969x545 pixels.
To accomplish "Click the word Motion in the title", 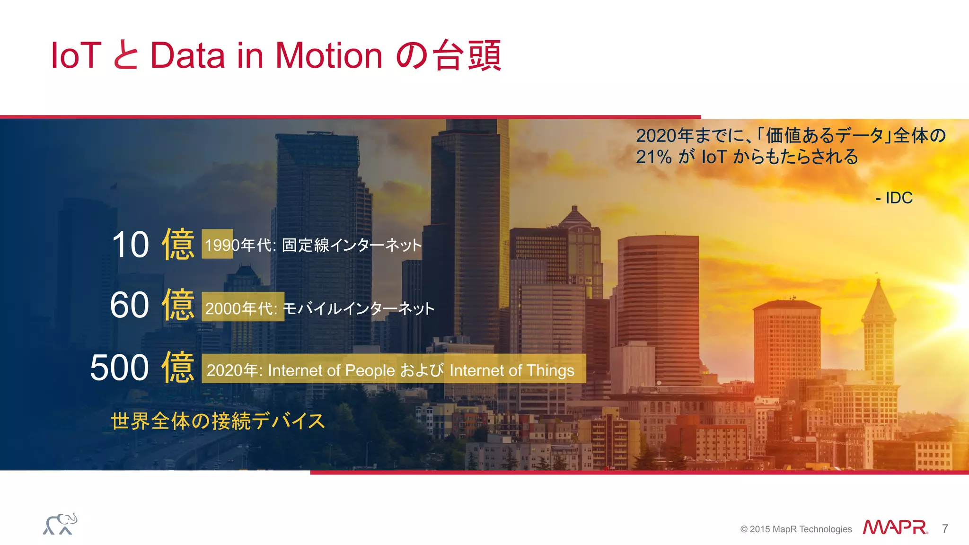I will tap(328, 55).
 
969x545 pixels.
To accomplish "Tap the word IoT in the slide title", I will tap(76, 55).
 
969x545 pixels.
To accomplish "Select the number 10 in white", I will tap(131, 245).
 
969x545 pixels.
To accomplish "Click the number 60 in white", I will tap(130, 305).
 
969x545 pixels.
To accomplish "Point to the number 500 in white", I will tap(119, 368).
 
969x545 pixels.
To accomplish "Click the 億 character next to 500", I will tap(178, 368).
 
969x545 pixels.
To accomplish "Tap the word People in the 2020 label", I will tap(370, 370).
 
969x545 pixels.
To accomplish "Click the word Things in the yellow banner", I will tap(550, 370).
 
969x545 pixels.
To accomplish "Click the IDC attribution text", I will tap(894, 198).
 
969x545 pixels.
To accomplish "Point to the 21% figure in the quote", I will tap(654, 157).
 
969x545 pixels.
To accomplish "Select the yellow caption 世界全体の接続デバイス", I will tap(218, 421).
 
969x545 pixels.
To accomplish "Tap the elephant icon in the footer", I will tap(60, 524).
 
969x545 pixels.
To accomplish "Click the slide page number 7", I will tap(945, 528).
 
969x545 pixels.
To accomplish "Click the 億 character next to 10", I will tap(178, 245).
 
